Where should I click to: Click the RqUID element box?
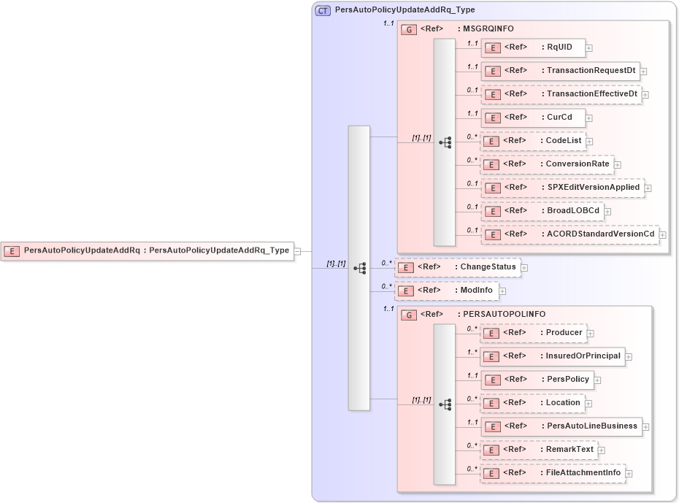532,47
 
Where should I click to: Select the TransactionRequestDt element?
560,71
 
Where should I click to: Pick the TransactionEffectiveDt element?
560,94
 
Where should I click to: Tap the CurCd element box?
532,118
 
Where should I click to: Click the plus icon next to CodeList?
589,142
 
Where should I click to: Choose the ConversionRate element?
547,164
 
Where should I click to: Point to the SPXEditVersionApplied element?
561,188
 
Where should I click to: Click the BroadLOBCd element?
542,211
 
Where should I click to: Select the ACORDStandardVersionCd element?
569,234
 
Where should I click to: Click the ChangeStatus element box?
457,267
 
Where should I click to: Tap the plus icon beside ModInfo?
502,291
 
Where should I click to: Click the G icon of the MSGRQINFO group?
410,30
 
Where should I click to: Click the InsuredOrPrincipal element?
552,356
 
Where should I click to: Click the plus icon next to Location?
588,404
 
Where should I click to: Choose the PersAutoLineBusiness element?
561,426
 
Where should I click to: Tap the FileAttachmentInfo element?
553,473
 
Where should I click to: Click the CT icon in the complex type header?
323,10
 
